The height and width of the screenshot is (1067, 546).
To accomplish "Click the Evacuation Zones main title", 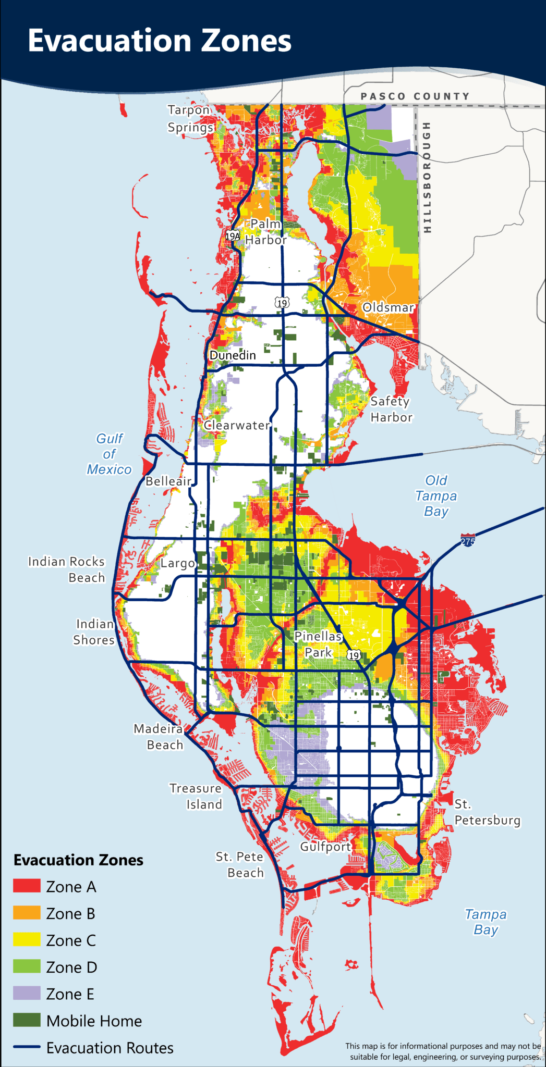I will [x=159, y=41].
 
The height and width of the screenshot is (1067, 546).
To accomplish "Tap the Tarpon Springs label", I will [x=190, y=119].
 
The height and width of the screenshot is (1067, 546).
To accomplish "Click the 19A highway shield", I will [x=233, y=235].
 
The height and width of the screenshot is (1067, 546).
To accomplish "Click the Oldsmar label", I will [x=389, y=307].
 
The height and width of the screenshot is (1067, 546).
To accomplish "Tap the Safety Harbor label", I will [x=391, y=409].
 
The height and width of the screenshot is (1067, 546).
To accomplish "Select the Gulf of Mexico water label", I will [x=109, y=454].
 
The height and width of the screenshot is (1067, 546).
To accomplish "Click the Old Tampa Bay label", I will [x=436, y=495].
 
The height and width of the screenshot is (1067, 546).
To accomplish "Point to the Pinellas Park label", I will [x=318, y=644].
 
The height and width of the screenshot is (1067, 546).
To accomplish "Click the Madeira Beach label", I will [x=159, y=737].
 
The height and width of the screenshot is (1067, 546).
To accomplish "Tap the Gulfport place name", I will [x=325, y=847].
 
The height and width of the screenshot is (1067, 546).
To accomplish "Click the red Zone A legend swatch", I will [x=27, y=886].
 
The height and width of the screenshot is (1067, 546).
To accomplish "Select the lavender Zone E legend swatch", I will [x=27, y=993].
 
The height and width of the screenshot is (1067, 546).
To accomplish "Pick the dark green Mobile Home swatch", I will [x=27, y=1020].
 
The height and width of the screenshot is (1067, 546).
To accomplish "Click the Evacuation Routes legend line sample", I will [x=27, y=1047].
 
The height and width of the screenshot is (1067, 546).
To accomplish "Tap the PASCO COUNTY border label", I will [x=415, y=96].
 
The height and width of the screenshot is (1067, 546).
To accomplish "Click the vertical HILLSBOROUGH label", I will [x=427, y=177].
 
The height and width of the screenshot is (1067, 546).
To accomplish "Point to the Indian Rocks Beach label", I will [x=67, y=569].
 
